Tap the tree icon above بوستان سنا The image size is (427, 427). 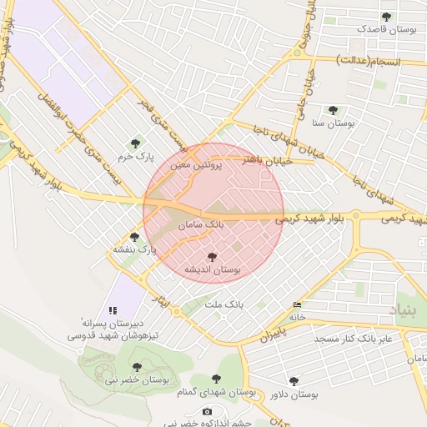333,110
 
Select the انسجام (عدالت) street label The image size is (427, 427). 368,62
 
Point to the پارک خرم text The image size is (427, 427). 135,156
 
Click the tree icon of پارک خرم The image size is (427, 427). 135,144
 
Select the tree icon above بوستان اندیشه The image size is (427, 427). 212,258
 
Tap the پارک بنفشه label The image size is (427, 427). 135,249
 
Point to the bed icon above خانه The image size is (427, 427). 298,305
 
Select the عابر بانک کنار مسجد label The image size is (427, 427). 353,339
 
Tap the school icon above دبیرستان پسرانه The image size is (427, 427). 113,309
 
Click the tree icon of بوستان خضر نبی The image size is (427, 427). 136,366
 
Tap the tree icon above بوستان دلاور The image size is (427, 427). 293,381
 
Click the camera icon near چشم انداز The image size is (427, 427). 207,411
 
